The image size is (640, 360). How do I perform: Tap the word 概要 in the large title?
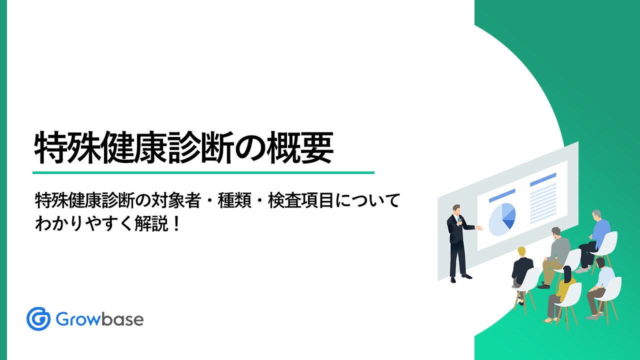click(x=300, y=147)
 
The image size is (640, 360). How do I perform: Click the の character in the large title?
click(x=250, y=148)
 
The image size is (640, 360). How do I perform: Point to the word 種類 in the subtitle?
click(x=234, y=200)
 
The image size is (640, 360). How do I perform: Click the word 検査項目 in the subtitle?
click(x=301, y=200)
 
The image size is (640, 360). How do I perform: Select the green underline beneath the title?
click(x=203, y=172)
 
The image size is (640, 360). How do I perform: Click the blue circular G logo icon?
click(x=38, y=319)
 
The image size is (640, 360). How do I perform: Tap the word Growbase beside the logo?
click(x=99, y=319)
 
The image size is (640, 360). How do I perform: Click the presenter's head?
click(x=456, y=210)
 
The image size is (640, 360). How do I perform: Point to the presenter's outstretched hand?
click(x=479, y=227)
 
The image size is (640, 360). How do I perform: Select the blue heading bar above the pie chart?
click(x=502, y=195)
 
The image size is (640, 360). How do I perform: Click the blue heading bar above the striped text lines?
click(x=543, y=179)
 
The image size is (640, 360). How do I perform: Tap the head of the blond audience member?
click(x=521, y=251)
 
